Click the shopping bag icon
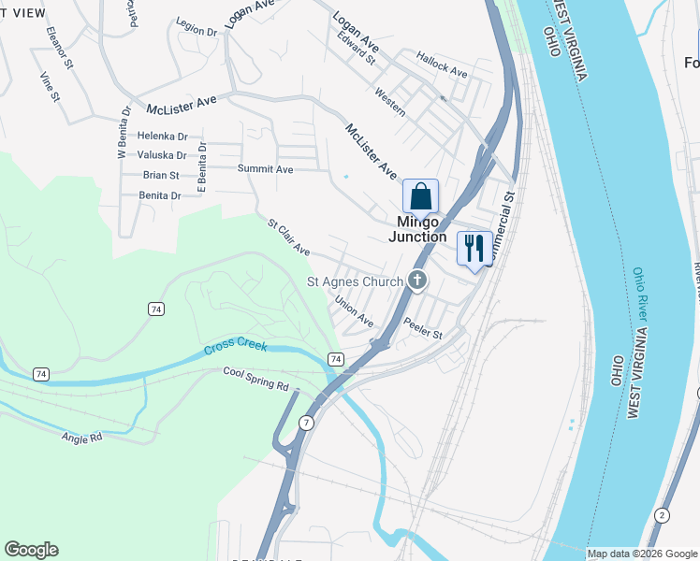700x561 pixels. coord(420,196)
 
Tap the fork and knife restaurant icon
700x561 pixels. coord(474,249)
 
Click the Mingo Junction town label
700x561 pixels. coord(417,229)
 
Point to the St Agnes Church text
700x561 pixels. coord(356,280)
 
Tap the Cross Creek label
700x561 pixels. coord(236,348)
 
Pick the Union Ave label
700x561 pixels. coord(354,311)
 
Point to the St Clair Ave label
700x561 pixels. coord(288,237)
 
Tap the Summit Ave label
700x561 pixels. coord(265,169)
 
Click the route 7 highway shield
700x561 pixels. coord(306,424)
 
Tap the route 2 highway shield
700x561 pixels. coord(663,515)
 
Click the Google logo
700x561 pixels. coord(31,550)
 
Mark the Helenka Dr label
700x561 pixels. coord(162,136)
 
